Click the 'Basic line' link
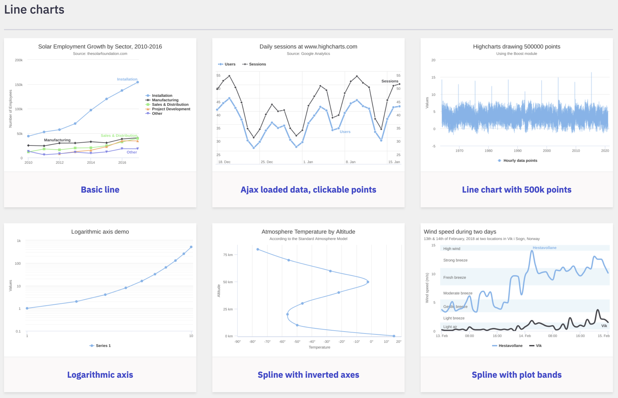[x=100, y=190]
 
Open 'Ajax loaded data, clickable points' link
[x=308, y=190]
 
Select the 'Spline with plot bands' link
[x=517, y=375]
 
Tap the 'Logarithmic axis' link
[x=100, y=375]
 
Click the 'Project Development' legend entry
[x=171, y=109]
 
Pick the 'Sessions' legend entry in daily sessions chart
[x=257, y=64]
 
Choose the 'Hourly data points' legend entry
[x=520, y=161]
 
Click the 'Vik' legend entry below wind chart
[x=539, y=346]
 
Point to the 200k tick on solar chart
[x=19, y=60]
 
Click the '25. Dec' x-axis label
[x=267, y=162]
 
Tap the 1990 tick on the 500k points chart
[x=518, y=151]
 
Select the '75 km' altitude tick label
[x=228, y=255]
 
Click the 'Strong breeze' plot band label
[x=455, y=260]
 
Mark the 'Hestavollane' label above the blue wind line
[x=545, y=248]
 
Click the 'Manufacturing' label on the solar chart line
[x=57, y=140]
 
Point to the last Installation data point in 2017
[x=138, y=82]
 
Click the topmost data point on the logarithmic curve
[x=191, y=247]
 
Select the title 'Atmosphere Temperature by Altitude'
[x=308, y=232]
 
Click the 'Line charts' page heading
[x=34, y=10]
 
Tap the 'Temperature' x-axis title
[x=319, y=347]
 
